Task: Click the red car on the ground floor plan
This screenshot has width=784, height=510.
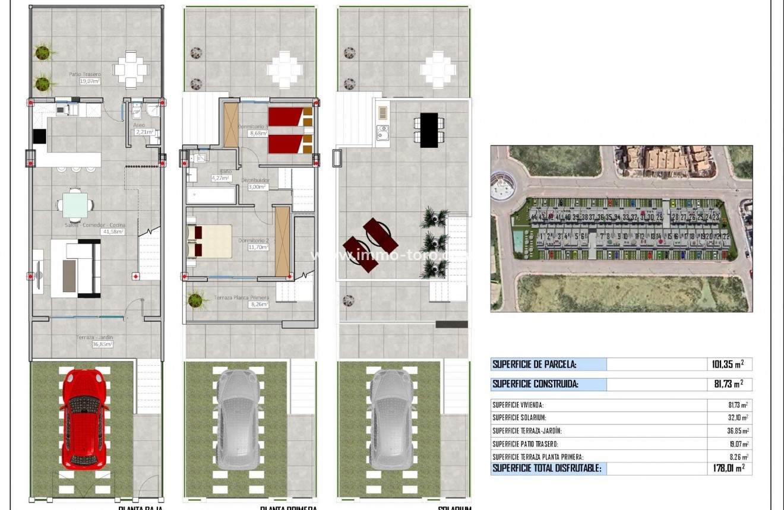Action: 84,419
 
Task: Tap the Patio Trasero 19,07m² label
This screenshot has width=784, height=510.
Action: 85,78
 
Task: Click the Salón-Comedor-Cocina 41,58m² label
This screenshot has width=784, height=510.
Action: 94,229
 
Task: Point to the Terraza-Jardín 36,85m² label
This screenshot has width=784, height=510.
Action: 94,340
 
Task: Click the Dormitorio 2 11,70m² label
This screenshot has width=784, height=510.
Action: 255,244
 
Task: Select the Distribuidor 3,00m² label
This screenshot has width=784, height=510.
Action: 258,183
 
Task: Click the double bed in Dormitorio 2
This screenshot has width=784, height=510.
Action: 210,240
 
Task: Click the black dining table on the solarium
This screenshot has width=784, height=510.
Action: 429,130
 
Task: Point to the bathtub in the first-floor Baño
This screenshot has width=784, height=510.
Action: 211,196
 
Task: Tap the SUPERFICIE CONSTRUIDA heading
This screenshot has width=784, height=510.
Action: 535,384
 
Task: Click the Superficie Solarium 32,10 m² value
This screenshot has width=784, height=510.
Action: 737,418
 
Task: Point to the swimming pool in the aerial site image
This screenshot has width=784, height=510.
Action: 518,240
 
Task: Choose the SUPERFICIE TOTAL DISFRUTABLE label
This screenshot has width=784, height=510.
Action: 547,468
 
